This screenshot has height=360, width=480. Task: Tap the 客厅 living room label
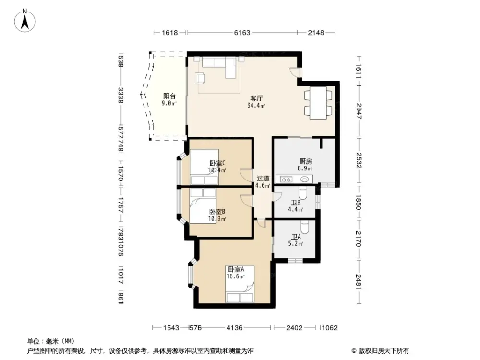(x=256, y=98)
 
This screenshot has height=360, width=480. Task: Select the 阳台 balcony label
(x=169, y=96)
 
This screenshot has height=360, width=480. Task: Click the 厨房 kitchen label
(x=304, y=162)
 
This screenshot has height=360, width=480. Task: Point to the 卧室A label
(x=236, y=269)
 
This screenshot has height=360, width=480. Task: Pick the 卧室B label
(x=217, y=212)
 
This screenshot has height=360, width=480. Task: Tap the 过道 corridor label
(x=263, y=178)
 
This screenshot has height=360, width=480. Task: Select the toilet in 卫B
(x=302, y=193)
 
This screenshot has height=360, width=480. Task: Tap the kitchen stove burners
(x=286, y=180)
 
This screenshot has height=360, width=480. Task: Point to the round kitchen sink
(x=304, y=180)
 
